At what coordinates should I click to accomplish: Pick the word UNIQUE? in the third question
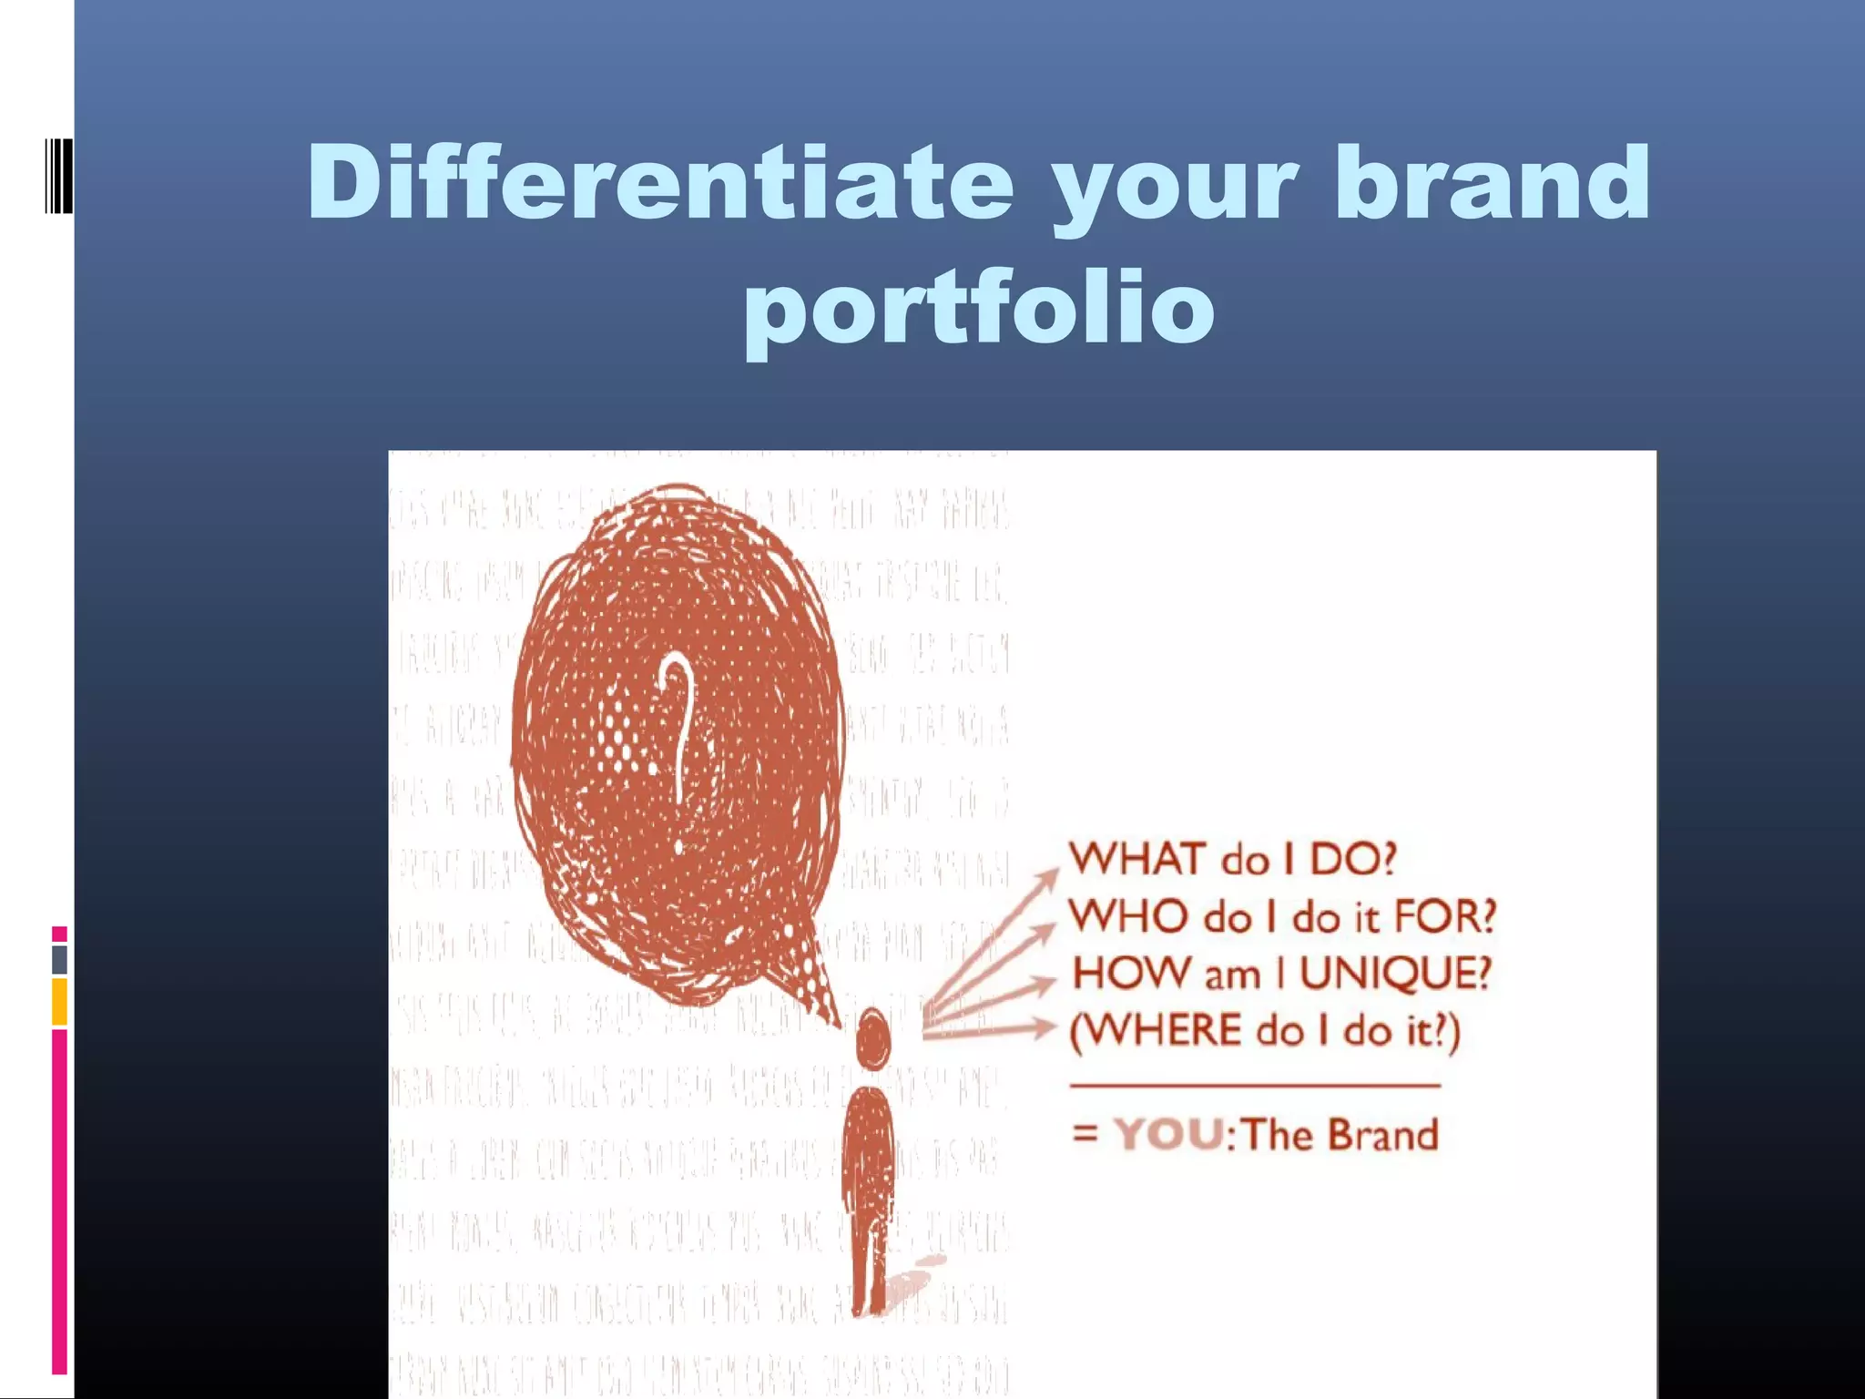point(1394,974)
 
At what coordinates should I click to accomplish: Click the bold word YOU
point(1169,1135)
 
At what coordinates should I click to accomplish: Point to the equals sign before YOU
point(1085,1135)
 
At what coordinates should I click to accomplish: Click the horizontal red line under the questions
point(1255,1086)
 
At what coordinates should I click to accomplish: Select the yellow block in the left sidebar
point(59,1001)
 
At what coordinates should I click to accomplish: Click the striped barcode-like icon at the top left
point(58,175)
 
